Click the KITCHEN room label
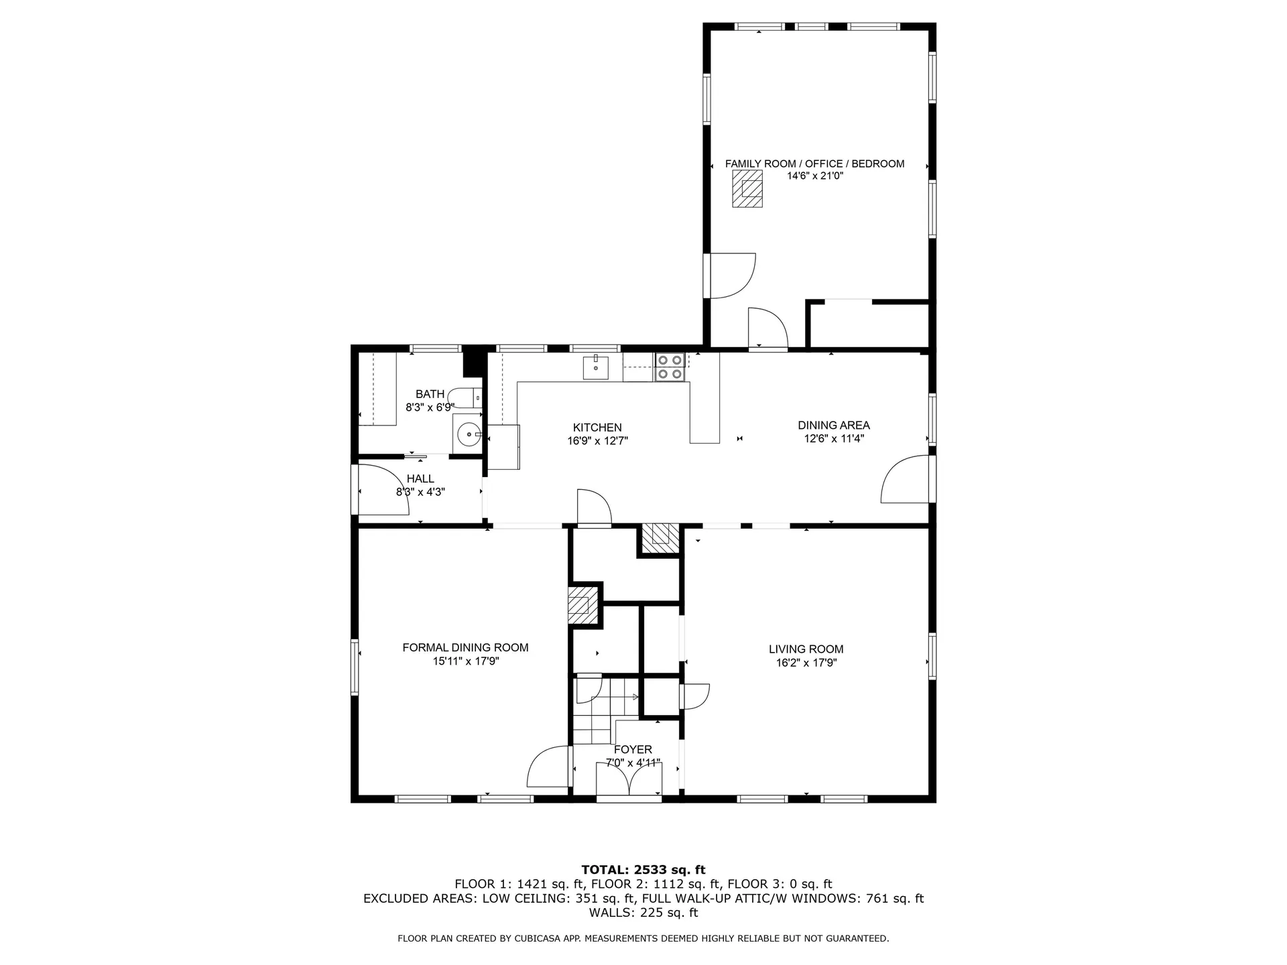[x=597, y=428]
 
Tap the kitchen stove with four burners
[x=670, y=367]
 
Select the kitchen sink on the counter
[x=596, y=368]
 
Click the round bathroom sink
[x=469, y=435]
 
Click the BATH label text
[x=430, y=394]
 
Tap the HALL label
[x=420, y=478]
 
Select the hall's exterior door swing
[x=384, y=490]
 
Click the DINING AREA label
[x=834, y=425]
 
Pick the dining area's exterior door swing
[x=905, y=478]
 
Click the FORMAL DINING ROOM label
[x=465, y=647]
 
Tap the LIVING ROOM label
[x=806, y=649]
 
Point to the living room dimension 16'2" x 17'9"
[x=806, y=663]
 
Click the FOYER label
[x=633, y=749]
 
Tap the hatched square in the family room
[x=747, y=188]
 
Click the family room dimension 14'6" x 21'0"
[x=814, y=176]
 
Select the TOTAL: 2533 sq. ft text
[x=643, y=870]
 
